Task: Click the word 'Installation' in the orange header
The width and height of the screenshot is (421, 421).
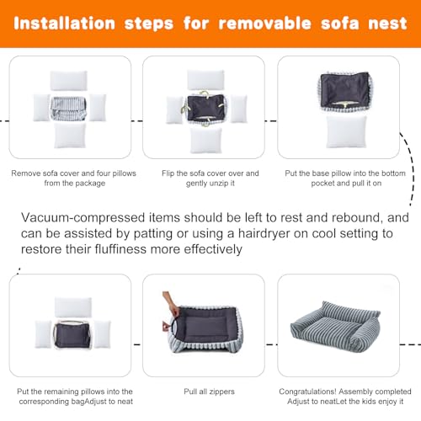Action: pyautogui.click(x=64, y=24)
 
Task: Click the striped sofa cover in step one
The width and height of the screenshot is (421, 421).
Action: pyautogui.click(x=68, y=109)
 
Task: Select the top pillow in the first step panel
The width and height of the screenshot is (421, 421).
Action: pyautogui.click(x=69, y=81)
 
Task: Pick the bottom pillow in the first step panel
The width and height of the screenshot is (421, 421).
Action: pyautogui.click(x=70, y=136)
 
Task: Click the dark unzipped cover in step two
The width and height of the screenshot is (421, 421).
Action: pyautogui.click(x=205, y=108)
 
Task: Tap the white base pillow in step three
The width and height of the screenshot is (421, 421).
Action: pyautogui.click(x=346, y=131)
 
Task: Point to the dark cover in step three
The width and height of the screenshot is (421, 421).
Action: pyautogui.click(x=345, y=90)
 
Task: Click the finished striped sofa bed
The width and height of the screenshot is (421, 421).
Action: pyautogui.click(x=335, y=326)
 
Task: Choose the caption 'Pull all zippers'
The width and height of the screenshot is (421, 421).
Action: pyautogui.click(x=209, y=392)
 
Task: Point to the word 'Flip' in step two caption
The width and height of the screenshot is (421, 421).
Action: pyautogui.click(x=168, y=173)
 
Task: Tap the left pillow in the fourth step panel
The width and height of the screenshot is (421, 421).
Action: pyautogui.click(x=43, y=334)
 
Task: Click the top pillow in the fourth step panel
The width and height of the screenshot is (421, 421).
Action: pyautogui.click(x=73, y=307)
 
